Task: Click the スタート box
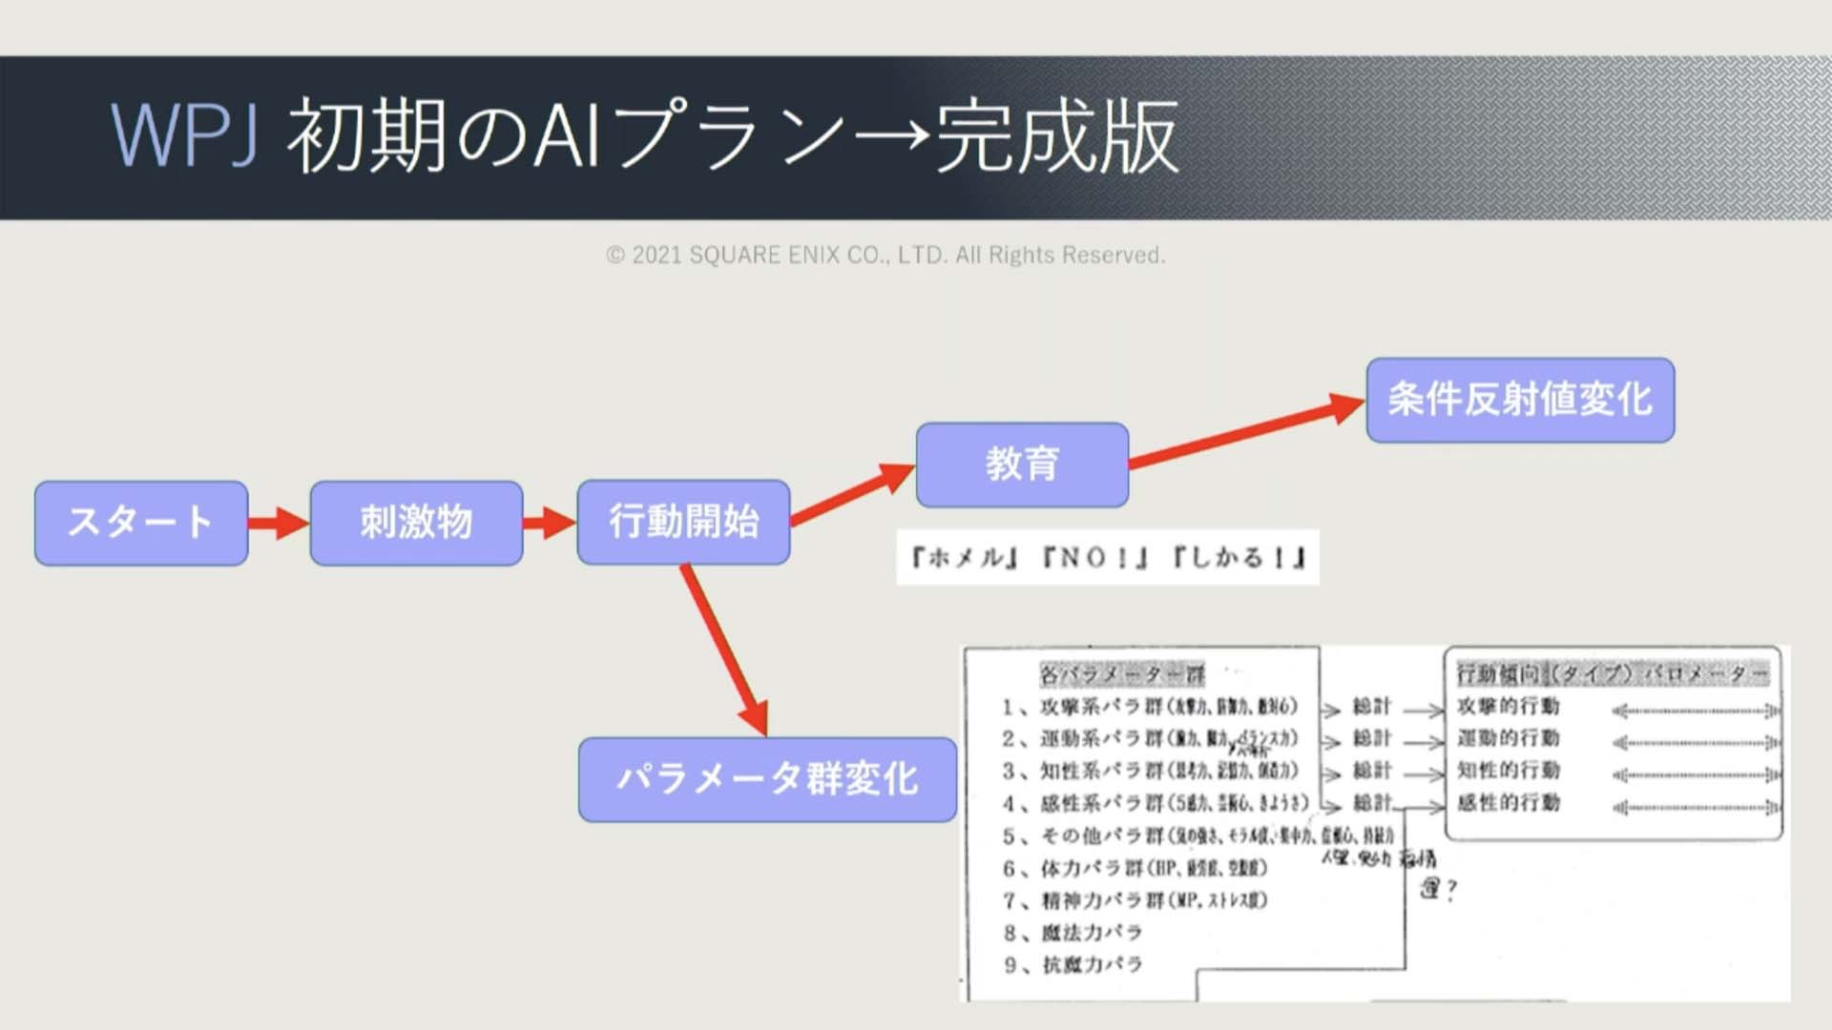[141, 523]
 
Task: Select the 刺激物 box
[416, 523]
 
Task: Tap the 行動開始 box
[683, 522]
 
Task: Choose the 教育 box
[1022, 464]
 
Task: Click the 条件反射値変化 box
[1520, 400]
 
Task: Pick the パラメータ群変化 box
[767, 779]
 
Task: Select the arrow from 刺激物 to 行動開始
[550, 523]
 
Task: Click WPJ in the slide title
[184, 136]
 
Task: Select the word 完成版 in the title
[1057, 136]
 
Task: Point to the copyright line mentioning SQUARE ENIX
[885, 256]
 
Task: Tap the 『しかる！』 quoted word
[1239, 557]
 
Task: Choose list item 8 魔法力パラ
[1073, 933]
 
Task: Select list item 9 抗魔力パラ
[1073, 965]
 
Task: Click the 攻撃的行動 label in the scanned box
[1508, 707]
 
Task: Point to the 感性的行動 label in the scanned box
[1508, 803]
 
